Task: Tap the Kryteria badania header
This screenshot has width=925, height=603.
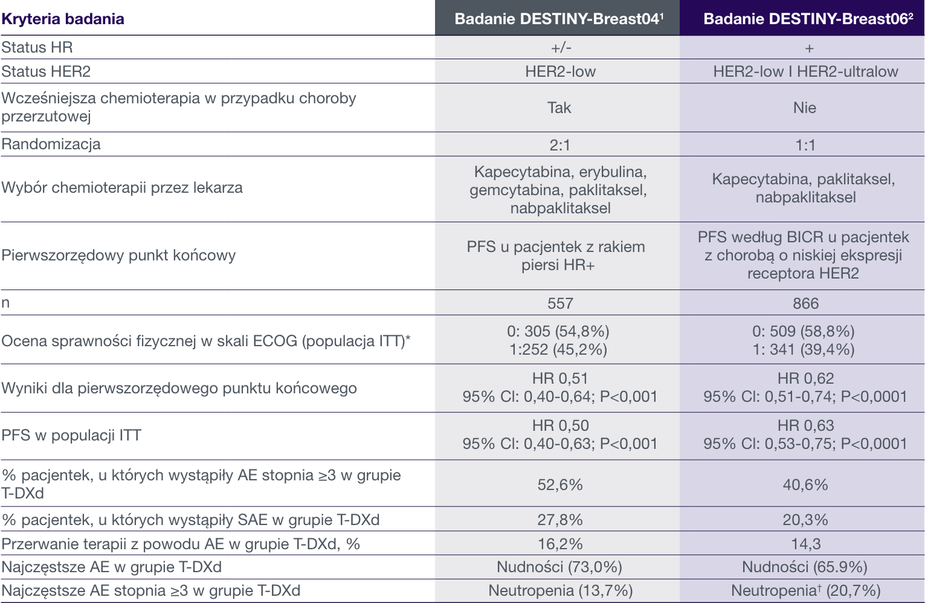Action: coord(63,19)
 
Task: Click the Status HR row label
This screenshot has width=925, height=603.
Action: coord(37,47)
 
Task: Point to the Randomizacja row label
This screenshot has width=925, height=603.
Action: coord(51,144)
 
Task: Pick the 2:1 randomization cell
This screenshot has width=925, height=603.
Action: coord(559,145)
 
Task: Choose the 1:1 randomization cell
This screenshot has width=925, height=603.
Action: coord(805,145)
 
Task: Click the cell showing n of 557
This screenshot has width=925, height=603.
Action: coord(560,303)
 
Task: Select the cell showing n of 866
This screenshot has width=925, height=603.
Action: coord(805,303)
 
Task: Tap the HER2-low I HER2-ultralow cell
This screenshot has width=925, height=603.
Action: coord(805,71)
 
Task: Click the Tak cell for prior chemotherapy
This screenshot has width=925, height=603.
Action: coord(559,108)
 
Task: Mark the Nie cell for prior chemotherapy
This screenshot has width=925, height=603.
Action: coord(805,108)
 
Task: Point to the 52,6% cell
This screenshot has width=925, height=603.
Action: coord(560,485)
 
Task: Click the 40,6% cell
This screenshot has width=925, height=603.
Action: coord(805,485)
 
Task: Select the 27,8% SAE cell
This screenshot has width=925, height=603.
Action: coord(560,520)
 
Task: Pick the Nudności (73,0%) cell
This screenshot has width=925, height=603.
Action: coord(559,567)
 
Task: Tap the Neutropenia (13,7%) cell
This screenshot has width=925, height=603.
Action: coord(560,590)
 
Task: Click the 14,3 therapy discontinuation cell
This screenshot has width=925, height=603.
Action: coord(805,544)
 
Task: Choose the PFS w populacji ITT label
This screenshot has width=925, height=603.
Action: coord(71,435)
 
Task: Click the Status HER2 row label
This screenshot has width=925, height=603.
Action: coord(46,71)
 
